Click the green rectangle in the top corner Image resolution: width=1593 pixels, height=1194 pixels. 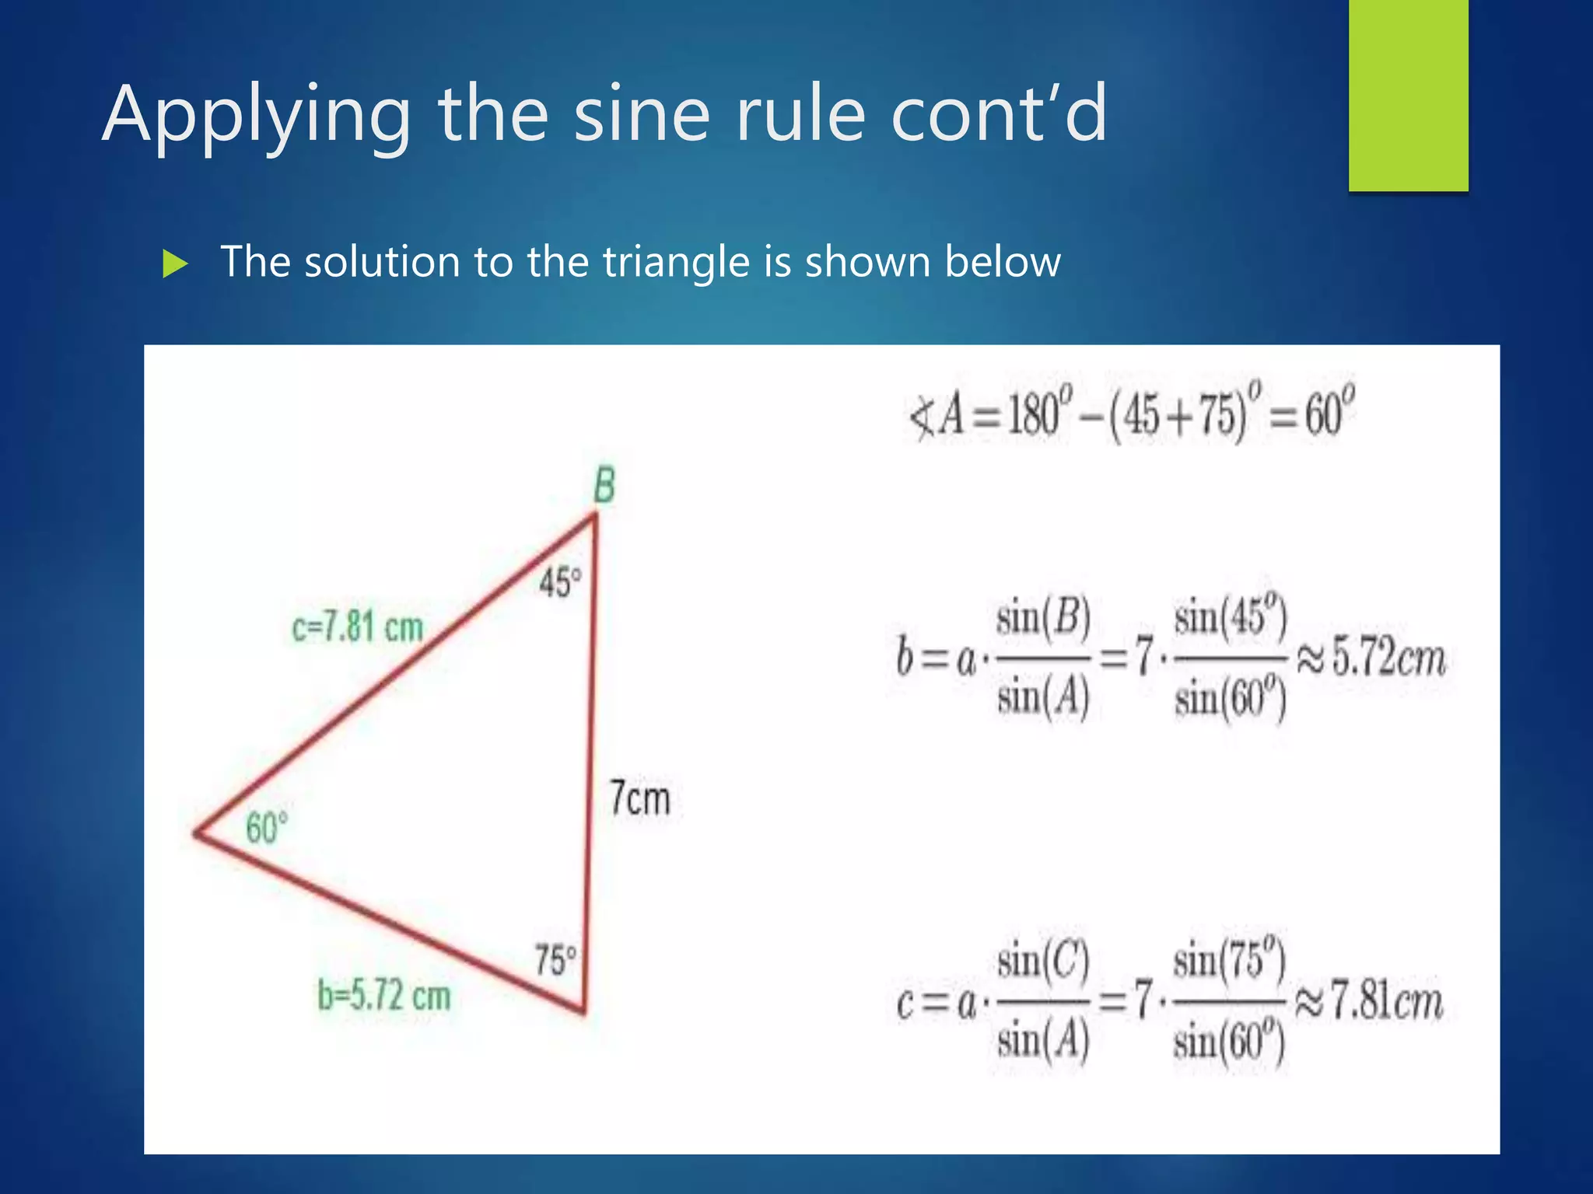(x=1408, y=95)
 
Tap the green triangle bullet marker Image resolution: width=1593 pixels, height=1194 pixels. (x=176, y=264)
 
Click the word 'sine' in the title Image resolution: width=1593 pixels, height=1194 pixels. (x=642, y=114)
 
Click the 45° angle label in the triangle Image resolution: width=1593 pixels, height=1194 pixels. (x=560, y=582)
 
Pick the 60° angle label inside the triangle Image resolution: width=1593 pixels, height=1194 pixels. (x=267, y=827)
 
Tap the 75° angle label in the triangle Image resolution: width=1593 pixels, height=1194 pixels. (x=555, y=959)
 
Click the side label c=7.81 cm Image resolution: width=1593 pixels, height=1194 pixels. (x=358, y=627)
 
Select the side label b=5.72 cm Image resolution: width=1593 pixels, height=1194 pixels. (x=384, y=996)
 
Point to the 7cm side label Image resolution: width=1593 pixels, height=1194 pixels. (x=639, y=798)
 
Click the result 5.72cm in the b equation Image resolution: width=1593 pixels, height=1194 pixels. (x=1388, y=658)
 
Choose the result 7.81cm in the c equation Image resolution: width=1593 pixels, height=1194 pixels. (x=1387, y=1000)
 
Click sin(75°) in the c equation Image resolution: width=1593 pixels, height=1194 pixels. (x=1229, y=961)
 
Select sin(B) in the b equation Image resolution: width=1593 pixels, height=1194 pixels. (x=1043, y=618)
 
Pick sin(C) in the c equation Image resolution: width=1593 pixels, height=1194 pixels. (x=1043, y=961)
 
